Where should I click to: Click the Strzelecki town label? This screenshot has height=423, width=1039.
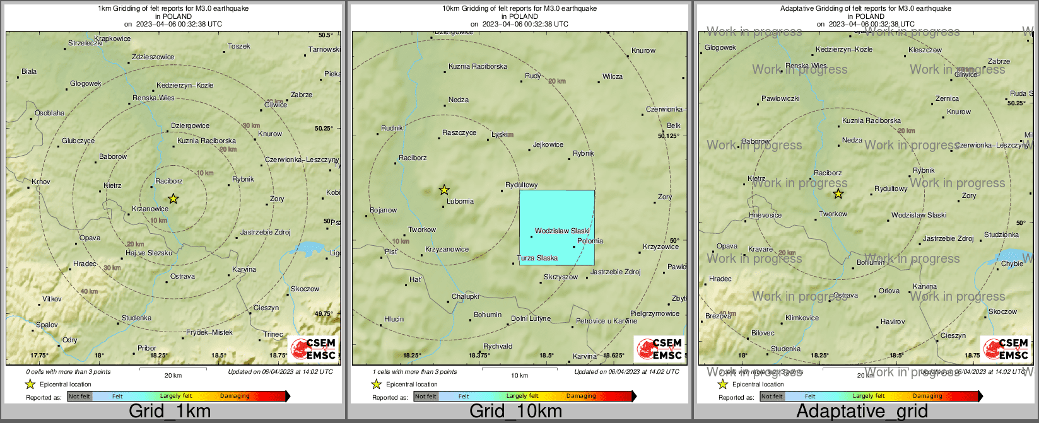[85, 43]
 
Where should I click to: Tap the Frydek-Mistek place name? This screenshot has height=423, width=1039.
[209, 332]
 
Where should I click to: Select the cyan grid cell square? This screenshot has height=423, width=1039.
[556, 227]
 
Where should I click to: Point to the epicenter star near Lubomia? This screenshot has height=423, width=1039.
[444, 190]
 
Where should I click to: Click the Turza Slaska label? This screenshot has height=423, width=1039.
[537, 258]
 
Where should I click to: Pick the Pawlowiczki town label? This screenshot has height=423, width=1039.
[780, 98]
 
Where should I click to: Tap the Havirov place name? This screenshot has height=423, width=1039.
[893, 322]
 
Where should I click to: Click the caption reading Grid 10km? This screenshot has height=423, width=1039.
[515, 412]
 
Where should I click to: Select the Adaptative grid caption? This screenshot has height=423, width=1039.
[862, 412]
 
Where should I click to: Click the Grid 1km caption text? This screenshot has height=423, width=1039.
[169, 412]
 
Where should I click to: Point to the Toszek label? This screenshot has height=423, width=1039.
[239, 46]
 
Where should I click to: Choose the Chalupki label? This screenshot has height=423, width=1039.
[465, 296]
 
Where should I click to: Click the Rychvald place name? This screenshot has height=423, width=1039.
[498, 346]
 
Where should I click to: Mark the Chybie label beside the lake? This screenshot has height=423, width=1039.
[1012, 264]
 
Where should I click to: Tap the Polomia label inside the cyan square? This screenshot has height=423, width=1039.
[590, 241]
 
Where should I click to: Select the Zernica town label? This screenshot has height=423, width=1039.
[947, 98]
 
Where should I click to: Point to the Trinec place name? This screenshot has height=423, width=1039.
[273, 334]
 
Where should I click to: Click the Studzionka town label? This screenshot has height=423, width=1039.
[1001, 235]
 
